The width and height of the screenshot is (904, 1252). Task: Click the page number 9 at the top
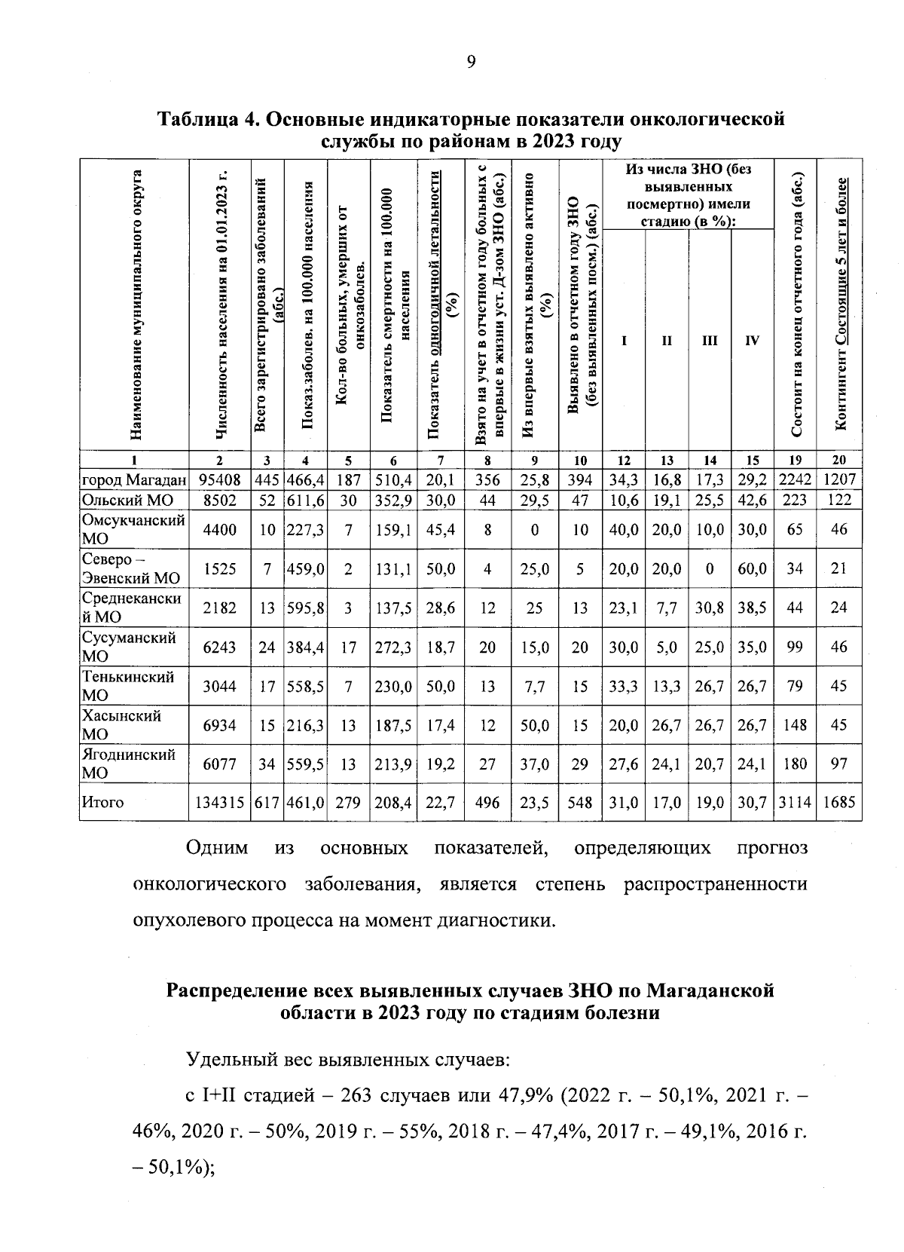point(471,62)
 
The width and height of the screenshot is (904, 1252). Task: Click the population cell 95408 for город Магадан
point(218,479)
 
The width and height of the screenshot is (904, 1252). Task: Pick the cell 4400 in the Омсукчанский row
point(218,530)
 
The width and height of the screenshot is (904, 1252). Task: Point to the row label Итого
point(102,803)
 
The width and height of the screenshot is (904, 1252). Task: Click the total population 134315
point(218,803)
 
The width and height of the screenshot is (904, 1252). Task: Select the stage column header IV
point(752,341)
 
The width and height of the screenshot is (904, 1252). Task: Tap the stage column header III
point(710,341)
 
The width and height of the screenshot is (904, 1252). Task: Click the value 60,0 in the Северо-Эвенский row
point(752,569)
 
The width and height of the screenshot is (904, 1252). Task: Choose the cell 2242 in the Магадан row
point(795,479)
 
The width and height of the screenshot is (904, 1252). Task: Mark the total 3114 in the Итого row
point(795,803)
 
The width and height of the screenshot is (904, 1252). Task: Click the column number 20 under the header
point(839,461)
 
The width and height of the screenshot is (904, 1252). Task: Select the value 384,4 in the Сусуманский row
point(305,647)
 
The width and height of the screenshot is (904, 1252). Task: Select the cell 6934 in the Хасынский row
point(218,725)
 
